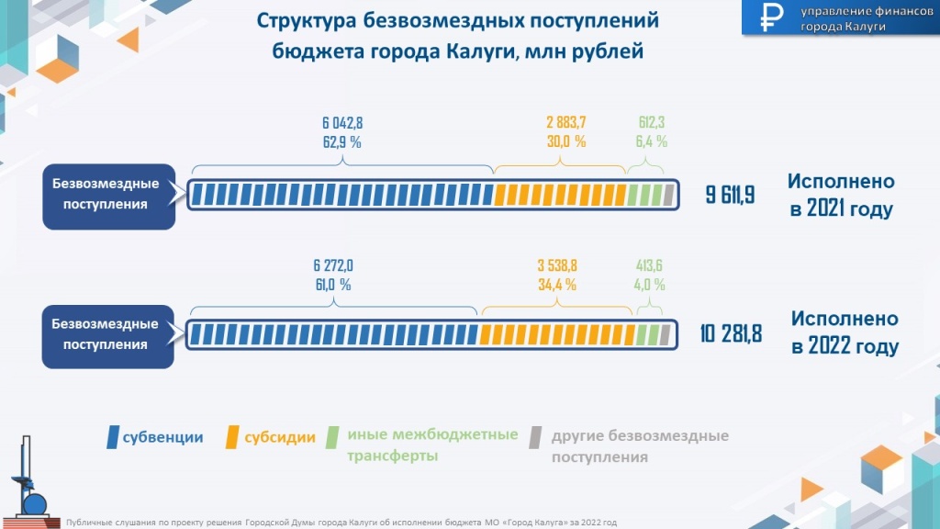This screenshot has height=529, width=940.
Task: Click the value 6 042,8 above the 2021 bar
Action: [343, 122]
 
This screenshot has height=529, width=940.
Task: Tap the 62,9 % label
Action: [343, 141]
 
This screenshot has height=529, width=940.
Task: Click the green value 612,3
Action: [652, 122]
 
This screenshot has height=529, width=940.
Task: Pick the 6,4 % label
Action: [652, 141]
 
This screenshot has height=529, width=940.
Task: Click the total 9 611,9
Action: [730, 195]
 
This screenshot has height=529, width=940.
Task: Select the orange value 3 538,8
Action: [557, 265]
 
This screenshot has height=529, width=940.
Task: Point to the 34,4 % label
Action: [557, 285]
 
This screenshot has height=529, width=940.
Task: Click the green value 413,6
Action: [651, 265]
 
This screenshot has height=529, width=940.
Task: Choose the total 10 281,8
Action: [731, 333]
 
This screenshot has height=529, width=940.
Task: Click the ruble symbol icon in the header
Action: [770, 17]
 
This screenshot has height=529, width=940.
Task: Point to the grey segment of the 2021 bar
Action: [669, 195]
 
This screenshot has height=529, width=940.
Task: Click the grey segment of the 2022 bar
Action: [666, 333]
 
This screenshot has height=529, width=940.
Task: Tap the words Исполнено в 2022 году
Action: [845, 333]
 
